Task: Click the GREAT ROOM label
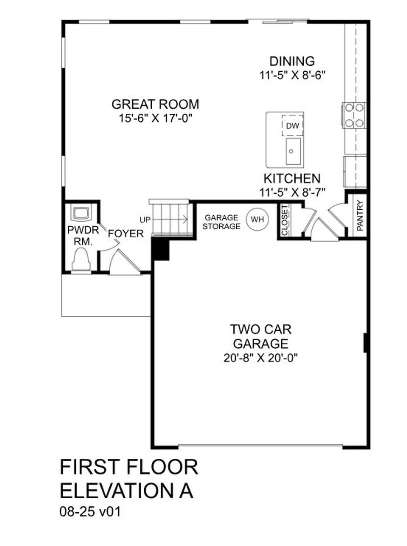coord(155,104)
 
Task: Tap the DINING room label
coord(292,61)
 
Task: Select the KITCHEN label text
coord(292,179)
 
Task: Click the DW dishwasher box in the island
coord(293,126)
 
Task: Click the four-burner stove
coord(354,115)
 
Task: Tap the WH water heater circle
coord(257,219)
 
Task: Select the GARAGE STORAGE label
coord(221,222)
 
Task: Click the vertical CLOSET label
coord(285,220)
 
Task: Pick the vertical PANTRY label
coord(360,215)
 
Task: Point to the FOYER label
coord(126,234)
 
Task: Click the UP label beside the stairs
coord(145,220)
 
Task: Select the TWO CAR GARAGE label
coord(260,336)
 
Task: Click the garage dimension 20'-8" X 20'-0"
coord(260,358)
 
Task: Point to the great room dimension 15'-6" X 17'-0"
coord(156,119)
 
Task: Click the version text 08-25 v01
coord(90,512)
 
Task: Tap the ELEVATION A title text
coord(127,491)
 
